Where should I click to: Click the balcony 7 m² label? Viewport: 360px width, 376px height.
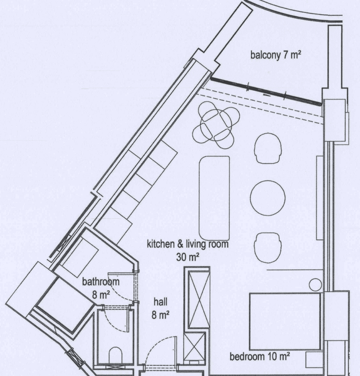pyautogui.click(x=276, y=55)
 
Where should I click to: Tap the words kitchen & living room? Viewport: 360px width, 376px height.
pyautogui.click(x=187, y=244)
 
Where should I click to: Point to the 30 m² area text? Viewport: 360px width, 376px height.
pyautogui.click(x=188, y=257)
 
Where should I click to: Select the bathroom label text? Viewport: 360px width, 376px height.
pyautogui.click(x=101, y=281)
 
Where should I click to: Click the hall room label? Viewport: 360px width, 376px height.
pyautogui.click(x=161, y=302)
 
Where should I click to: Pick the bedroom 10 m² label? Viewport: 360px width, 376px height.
pyautogui.click(x=260, y=357)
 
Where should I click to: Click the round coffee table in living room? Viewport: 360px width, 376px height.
pyautogui.click(x=268, y=198)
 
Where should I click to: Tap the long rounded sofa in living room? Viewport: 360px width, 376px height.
pyautogui.click(x=214, y=198)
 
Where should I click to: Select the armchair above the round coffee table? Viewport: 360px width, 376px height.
pyautogui.click(x=268, y=148)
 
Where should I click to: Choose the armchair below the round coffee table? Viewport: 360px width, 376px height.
pyautogui.click(x=268, y=248)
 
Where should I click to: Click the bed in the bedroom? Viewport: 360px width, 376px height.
pyautogui.click(x=285, y=321)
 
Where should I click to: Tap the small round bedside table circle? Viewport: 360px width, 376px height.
pyautogui.click(x=315, y=285)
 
